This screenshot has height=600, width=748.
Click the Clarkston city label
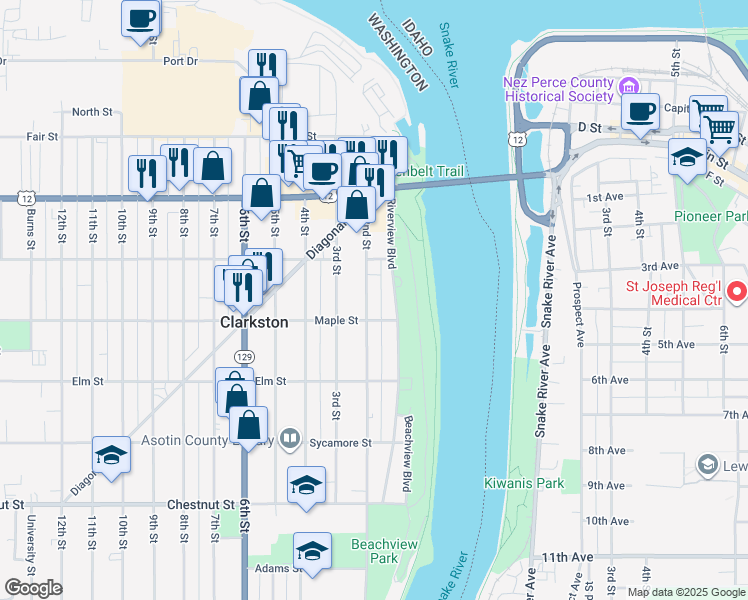[x=254, y=323]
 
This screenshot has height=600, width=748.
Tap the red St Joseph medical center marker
[x=737, y=292]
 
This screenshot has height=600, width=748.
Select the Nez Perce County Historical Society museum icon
[x=629, y=87]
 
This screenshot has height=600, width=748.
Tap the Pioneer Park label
[x=709, y=216]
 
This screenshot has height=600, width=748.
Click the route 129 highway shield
[x=243, y=356]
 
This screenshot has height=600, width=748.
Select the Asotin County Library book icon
[x=290, y=437]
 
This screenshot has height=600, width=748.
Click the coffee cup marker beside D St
[x=640, y=112]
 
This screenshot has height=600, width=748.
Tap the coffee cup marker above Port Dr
[x=141, y=18]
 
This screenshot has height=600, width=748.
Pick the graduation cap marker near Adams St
[x=312, y=552]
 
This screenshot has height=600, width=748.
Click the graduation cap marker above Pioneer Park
[x=687, y=158]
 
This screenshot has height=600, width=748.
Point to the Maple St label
[x=336, y=321]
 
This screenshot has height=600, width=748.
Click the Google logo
[x=33, y=588]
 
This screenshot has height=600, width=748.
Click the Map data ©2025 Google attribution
[x=686, y=592]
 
